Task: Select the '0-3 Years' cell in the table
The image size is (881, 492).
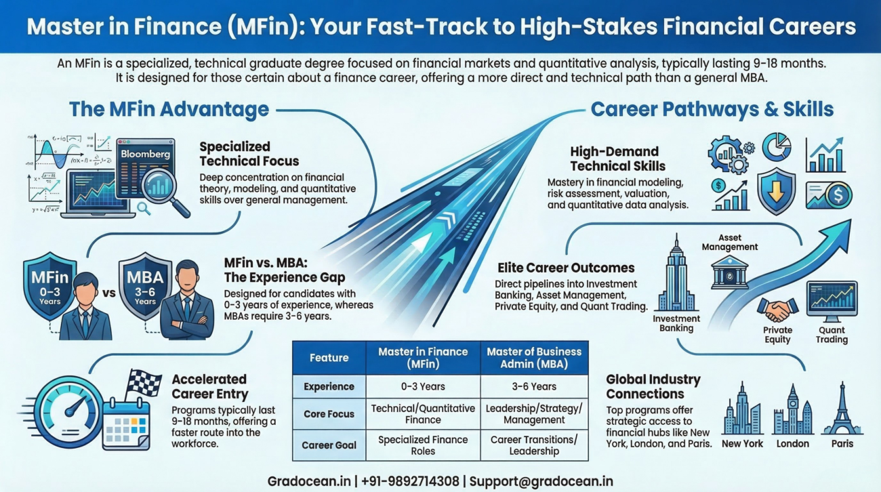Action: [x=423, y=386]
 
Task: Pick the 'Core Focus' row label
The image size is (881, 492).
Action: [x=329, y=413]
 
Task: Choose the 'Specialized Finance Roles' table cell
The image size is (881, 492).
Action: [x=423, y=445]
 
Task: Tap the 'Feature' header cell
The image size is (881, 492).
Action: [x=329, y=358]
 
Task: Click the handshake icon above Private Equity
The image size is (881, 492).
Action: [x=777, y=310]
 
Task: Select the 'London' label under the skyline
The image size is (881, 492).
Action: [x=792, y=444]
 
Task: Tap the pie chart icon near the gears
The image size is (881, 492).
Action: [x=776, y=146]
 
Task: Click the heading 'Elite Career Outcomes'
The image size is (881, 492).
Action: [x=565, y=268]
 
